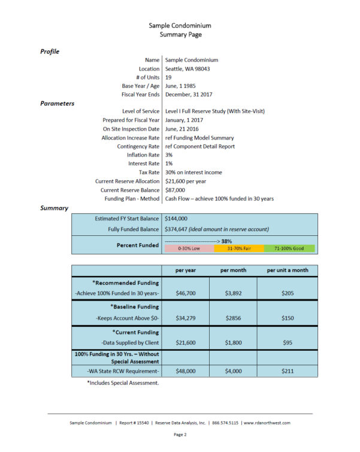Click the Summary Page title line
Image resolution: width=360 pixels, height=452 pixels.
pos(180,35)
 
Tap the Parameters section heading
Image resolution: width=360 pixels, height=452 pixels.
pos(57,104)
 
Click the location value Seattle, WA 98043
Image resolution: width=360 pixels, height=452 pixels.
pos(188,69)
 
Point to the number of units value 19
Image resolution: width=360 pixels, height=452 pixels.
pos(168,77)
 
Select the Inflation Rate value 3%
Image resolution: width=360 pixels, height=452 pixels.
pos(169,155)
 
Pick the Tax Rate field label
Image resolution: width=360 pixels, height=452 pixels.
pos(147,172)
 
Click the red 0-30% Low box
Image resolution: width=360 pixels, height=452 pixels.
pos(187,248)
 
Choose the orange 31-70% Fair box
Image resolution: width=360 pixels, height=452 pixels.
pos(238,248)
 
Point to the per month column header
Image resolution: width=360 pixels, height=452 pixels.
pos(233,270)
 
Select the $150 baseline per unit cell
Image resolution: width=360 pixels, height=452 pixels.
pos(288,318)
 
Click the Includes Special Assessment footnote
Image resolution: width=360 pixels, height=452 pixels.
pos(123,383)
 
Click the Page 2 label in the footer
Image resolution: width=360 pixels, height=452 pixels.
pos(180,434)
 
